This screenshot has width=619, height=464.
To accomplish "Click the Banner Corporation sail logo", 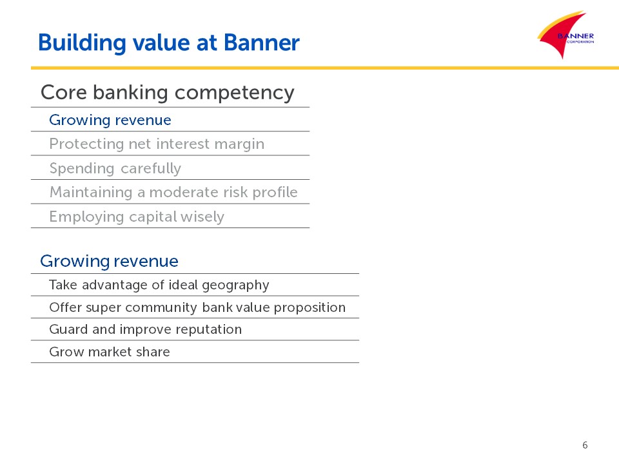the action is (x=565, y=35).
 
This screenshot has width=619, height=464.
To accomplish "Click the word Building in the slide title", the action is (x=82, y=43).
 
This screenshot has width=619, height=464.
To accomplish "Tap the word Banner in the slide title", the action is (x=261, y=43).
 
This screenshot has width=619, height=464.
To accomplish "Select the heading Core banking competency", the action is (x=168, y=93).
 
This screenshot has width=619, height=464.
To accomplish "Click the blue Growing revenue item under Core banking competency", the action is (x=110, y=121).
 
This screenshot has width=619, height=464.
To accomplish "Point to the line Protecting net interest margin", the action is (x=157, y=144).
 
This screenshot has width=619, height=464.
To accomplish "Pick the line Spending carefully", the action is (x=115, y=168).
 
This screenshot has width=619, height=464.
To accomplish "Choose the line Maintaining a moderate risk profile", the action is (x=173, y=193).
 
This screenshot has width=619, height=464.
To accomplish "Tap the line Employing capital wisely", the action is (x=137, y=217).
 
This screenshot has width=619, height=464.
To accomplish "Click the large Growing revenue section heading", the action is (x=110, y=261).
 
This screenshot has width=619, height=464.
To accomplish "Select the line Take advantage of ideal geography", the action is (x=159, y=285).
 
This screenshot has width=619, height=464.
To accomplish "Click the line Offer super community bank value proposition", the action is (x=197, y=308).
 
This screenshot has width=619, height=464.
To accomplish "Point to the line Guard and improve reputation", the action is (x=145, y=329).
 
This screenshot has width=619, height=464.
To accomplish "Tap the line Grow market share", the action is (x=110, y=352).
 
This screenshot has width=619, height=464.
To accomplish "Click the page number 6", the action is (x=585, y=445).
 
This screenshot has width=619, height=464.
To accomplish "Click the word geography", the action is (x=236, y=285).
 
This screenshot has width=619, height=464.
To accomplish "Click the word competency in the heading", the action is (x=235, y=94).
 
